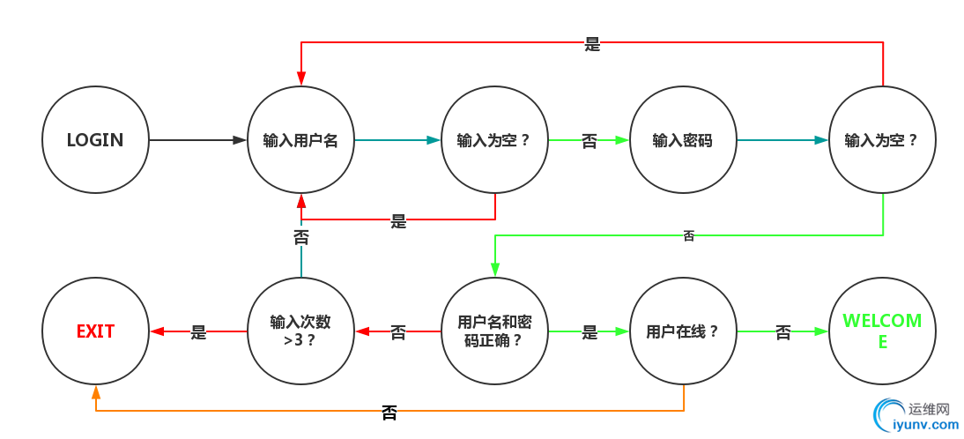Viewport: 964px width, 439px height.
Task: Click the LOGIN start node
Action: point(95,140)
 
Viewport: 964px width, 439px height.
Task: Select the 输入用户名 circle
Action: point(300,140)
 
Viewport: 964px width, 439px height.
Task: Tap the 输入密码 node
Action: point(683,140)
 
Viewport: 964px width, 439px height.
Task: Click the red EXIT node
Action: point(95,331)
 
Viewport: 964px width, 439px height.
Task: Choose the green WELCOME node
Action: point(882,331)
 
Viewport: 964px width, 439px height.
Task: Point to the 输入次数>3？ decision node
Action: point(300,331)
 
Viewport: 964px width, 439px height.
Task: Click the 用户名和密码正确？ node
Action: point(494,331)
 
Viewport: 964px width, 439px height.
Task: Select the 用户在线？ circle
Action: point(683,331)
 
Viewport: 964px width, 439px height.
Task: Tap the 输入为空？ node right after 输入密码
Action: point(882,140)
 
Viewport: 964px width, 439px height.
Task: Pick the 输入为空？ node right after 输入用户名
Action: point(494,140)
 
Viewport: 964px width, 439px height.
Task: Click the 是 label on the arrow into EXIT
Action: point(198,332)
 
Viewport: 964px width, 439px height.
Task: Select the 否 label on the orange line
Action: point(389,411)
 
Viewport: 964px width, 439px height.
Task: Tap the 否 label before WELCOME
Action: point(783,332)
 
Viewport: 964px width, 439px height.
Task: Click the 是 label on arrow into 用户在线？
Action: point(590,332)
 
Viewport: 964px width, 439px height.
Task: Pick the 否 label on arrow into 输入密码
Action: point(590,140)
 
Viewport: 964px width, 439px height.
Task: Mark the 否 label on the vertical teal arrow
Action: point(301,236)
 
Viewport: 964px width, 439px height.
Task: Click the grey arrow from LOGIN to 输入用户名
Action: point(198,140)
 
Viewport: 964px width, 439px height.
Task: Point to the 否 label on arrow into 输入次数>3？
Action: point(398,332)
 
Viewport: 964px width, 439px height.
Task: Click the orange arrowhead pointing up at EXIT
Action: point(95,391)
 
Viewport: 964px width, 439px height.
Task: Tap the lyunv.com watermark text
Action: point(925,425)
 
